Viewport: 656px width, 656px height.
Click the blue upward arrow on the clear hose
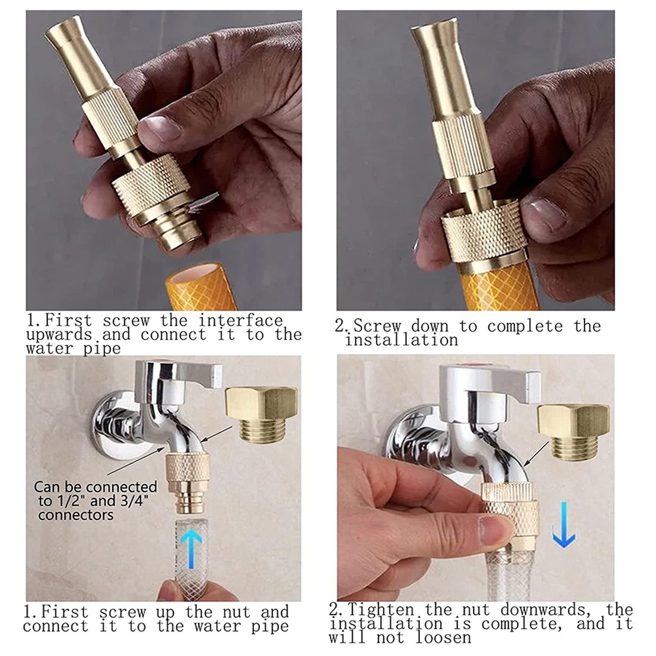point(191,548)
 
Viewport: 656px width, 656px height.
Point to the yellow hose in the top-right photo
point(498,287)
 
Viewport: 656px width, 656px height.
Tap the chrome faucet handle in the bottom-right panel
point(490,379)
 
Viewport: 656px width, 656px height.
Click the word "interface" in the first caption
point(240,321)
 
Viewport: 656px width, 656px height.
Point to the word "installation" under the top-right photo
point(401,340)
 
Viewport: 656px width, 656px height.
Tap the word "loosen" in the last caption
point(444,638)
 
